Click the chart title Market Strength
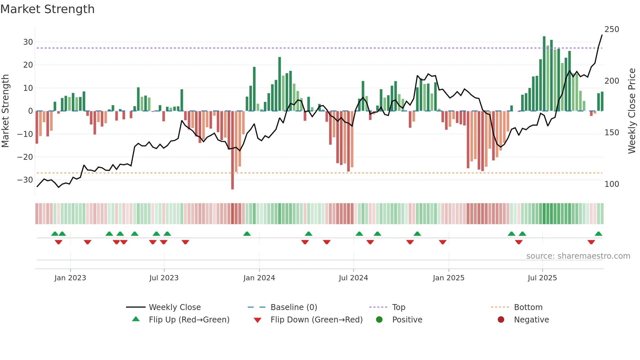pyautogui.click(x=48, y=9)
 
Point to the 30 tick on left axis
pyautogui.click(x=28, y=42)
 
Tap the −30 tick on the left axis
pyautogui.click(x=25, y=180)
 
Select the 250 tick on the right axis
pyautogui.click(x=612, y=29)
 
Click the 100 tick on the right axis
pyautogui.click(x=612, y=184)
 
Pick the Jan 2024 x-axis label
pyautogui.click(x=259, y=278)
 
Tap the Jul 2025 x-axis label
pyautogui.click(x=542, y=278)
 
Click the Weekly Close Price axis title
pyautogui.click(x=632, y=111)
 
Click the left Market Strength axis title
pyautogui.click(x=6, y=111)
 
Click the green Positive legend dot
pyautogui.click(x=379, y=320)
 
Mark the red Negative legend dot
pyautogui.click(x=501, y=320)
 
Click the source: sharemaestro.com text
pyautogui.click(x=578, y=256)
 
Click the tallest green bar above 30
pyautogui.click(x=544, y=74)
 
